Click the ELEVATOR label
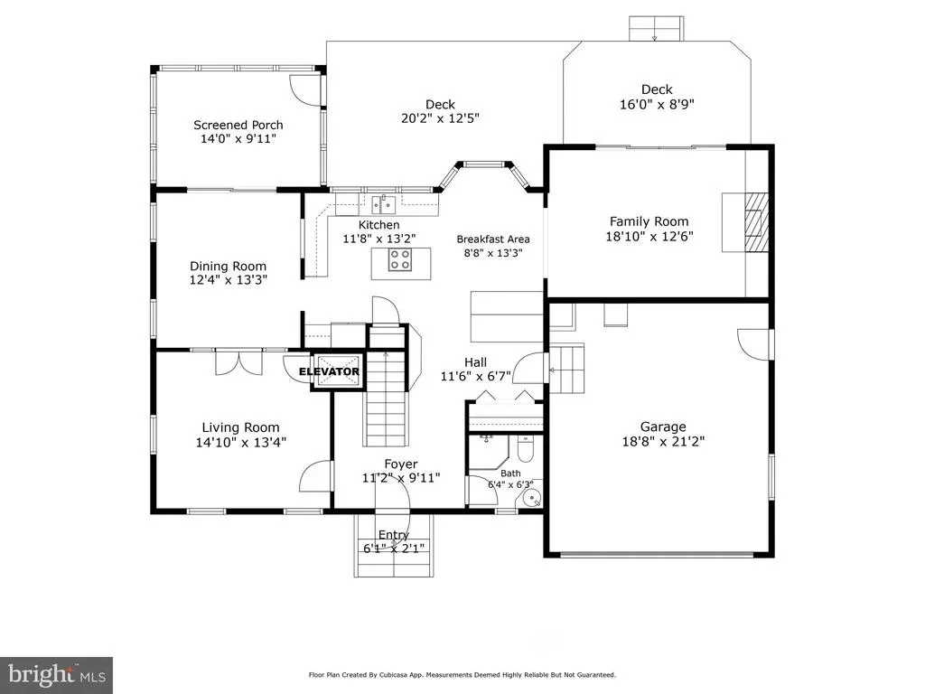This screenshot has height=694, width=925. pos(329,371)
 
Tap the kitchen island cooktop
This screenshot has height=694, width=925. pos(400,260)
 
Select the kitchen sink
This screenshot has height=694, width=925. pos(383,205)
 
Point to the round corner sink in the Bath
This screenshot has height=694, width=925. pos(533,499)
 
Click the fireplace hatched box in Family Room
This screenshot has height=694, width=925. pos(756,222)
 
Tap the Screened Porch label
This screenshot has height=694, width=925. pos(238,125)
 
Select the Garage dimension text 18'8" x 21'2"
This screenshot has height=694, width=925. pos(663,441)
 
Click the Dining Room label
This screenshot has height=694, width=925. pos(228,267)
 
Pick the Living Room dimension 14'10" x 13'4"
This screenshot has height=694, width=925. pos(240,442)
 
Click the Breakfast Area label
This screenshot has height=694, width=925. pos(493,239)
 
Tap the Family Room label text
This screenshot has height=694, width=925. pos(649,222)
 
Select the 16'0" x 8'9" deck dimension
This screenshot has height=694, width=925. pos(657,105)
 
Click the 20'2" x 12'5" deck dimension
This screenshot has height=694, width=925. pos(440,118)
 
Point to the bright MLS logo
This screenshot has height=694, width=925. pos(57,674)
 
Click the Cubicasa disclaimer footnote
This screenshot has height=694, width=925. pos(462,674)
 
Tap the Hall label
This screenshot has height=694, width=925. pos(475,363)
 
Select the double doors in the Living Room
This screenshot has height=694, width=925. pos(238,361)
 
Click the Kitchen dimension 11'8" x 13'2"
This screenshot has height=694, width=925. pos(379,239)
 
